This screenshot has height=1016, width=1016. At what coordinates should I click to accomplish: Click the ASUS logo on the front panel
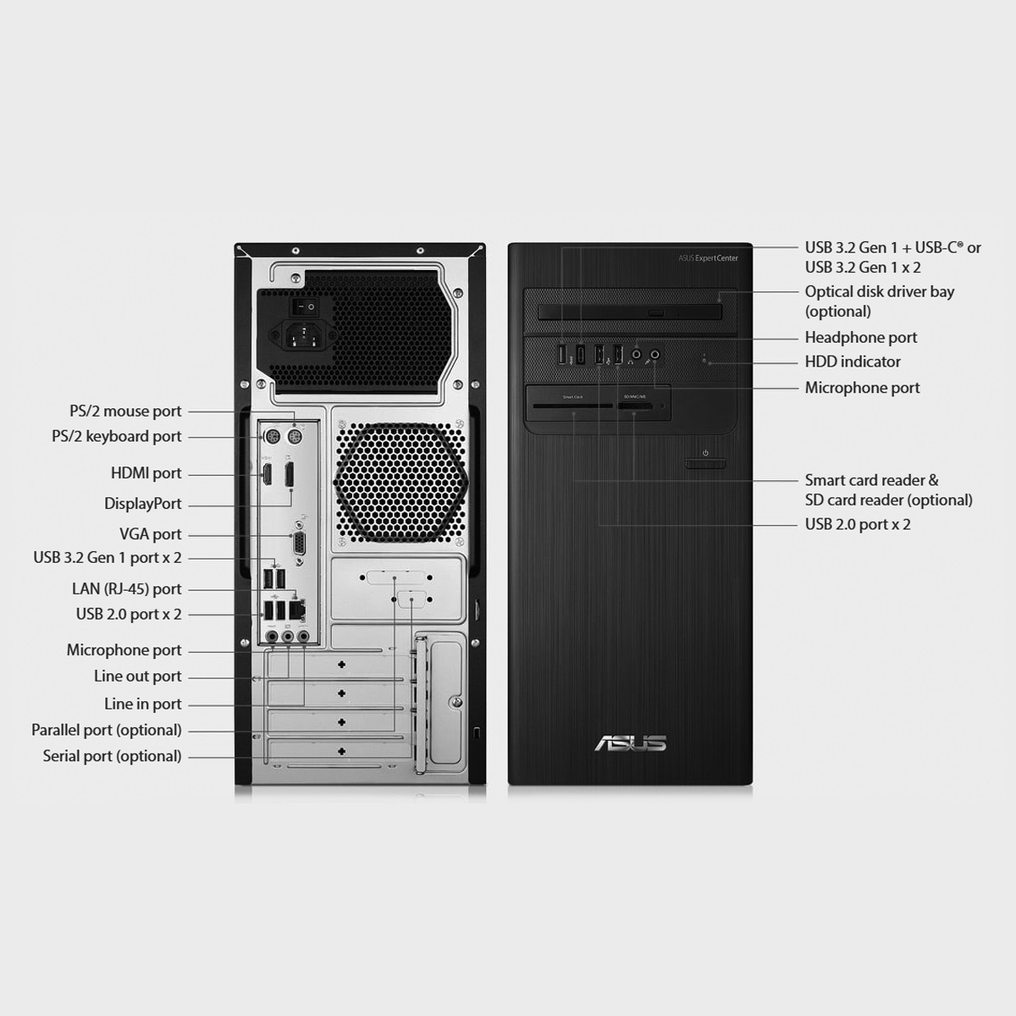tap(630, 743)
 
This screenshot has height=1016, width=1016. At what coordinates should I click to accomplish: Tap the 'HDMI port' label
tap(146, 473)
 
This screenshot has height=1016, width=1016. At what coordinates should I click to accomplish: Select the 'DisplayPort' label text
tap(143, 504)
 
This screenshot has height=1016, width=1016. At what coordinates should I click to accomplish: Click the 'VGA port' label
tap(150, 534)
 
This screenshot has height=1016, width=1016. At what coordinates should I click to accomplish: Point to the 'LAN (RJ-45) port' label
tap(126, 589)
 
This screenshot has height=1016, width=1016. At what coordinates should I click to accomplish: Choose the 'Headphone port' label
tap(861, 338)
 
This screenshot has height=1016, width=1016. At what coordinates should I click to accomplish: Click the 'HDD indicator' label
tap(853, 362)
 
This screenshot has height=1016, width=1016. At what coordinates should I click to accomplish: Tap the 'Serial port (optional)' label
tap(112, 756)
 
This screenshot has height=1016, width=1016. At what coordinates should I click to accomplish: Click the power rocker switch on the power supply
tap(306, 306)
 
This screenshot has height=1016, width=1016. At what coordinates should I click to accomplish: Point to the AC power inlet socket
tap(303, 335)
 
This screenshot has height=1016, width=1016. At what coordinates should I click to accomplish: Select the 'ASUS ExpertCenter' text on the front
tap(708, 258)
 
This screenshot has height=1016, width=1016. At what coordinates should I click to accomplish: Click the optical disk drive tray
tap(630, 312)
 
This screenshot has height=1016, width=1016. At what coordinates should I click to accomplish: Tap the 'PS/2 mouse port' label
tap(125, 411)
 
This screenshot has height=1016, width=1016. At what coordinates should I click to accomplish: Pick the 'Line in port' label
tap(142, 704)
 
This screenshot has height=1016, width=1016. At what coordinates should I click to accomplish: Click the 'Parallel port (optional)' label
tap(107, 730)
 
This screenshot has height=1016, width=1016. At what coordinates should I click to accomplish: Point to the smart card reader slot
tap(572, 406)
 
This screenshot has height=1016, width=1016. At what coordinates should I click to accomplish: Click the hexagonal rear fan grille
tap(400, 482)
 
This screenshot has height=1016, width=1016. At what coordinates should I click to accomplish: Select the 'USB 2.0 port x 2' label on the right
tap(858, 525)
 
